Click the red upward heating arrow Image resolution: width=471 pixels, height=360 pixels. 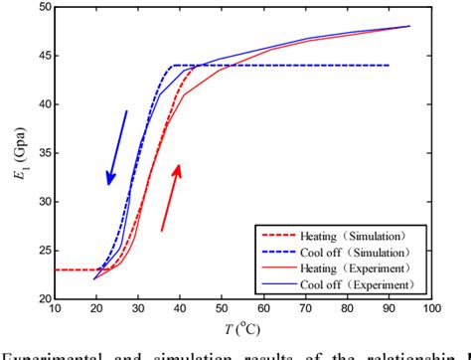click(x=171, y=198)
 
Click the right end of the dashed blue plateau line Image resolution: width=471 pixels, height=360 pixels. click(x=389, y=66)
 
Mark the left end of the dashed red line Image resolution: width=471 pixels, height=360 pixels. click(x=56, y=270)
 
